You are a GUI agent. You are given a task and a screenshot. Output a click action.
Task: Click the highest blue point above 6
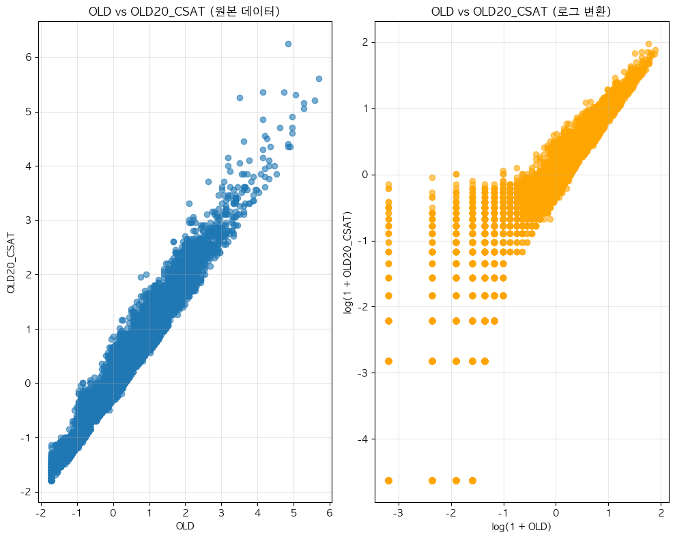click(288, 44)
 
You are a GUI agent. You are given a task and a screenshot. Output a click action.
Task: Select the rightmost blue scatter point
click(319, 78)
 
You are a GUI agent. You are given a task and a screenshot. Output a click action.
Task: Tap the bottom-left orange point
click(388, 480)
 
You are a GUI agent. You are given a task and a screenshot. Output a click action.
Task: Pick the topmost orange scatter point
click(648, 44)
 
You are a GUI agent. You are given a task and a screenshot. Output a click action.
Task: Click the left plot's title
click(184, 12)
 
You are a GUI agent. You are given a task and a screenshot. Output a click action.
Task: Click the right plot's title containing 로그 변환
click(521, 12)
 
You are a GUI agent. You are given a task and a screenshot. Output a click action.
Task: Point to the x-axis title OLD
click(185, 526)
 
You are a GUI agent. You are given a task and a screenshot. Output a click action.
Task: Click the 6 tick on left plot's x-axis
click(330, 513)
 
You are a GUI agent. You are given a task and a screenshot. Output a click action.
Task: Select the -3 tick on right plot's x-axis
click(398, 513)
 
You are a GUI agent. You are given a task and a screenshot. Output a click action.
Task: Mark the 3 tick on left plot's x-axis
click(221, 513)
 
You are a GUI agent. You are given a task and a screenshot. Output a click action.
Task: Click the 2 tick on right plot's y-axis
click(367, 42)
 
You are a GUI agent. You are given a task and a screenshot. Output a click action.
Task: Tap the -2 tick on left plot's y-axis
click(27, 492)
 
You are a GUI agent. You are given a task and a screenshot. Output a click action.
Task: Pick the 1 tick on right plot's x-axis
click(609, 513)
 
